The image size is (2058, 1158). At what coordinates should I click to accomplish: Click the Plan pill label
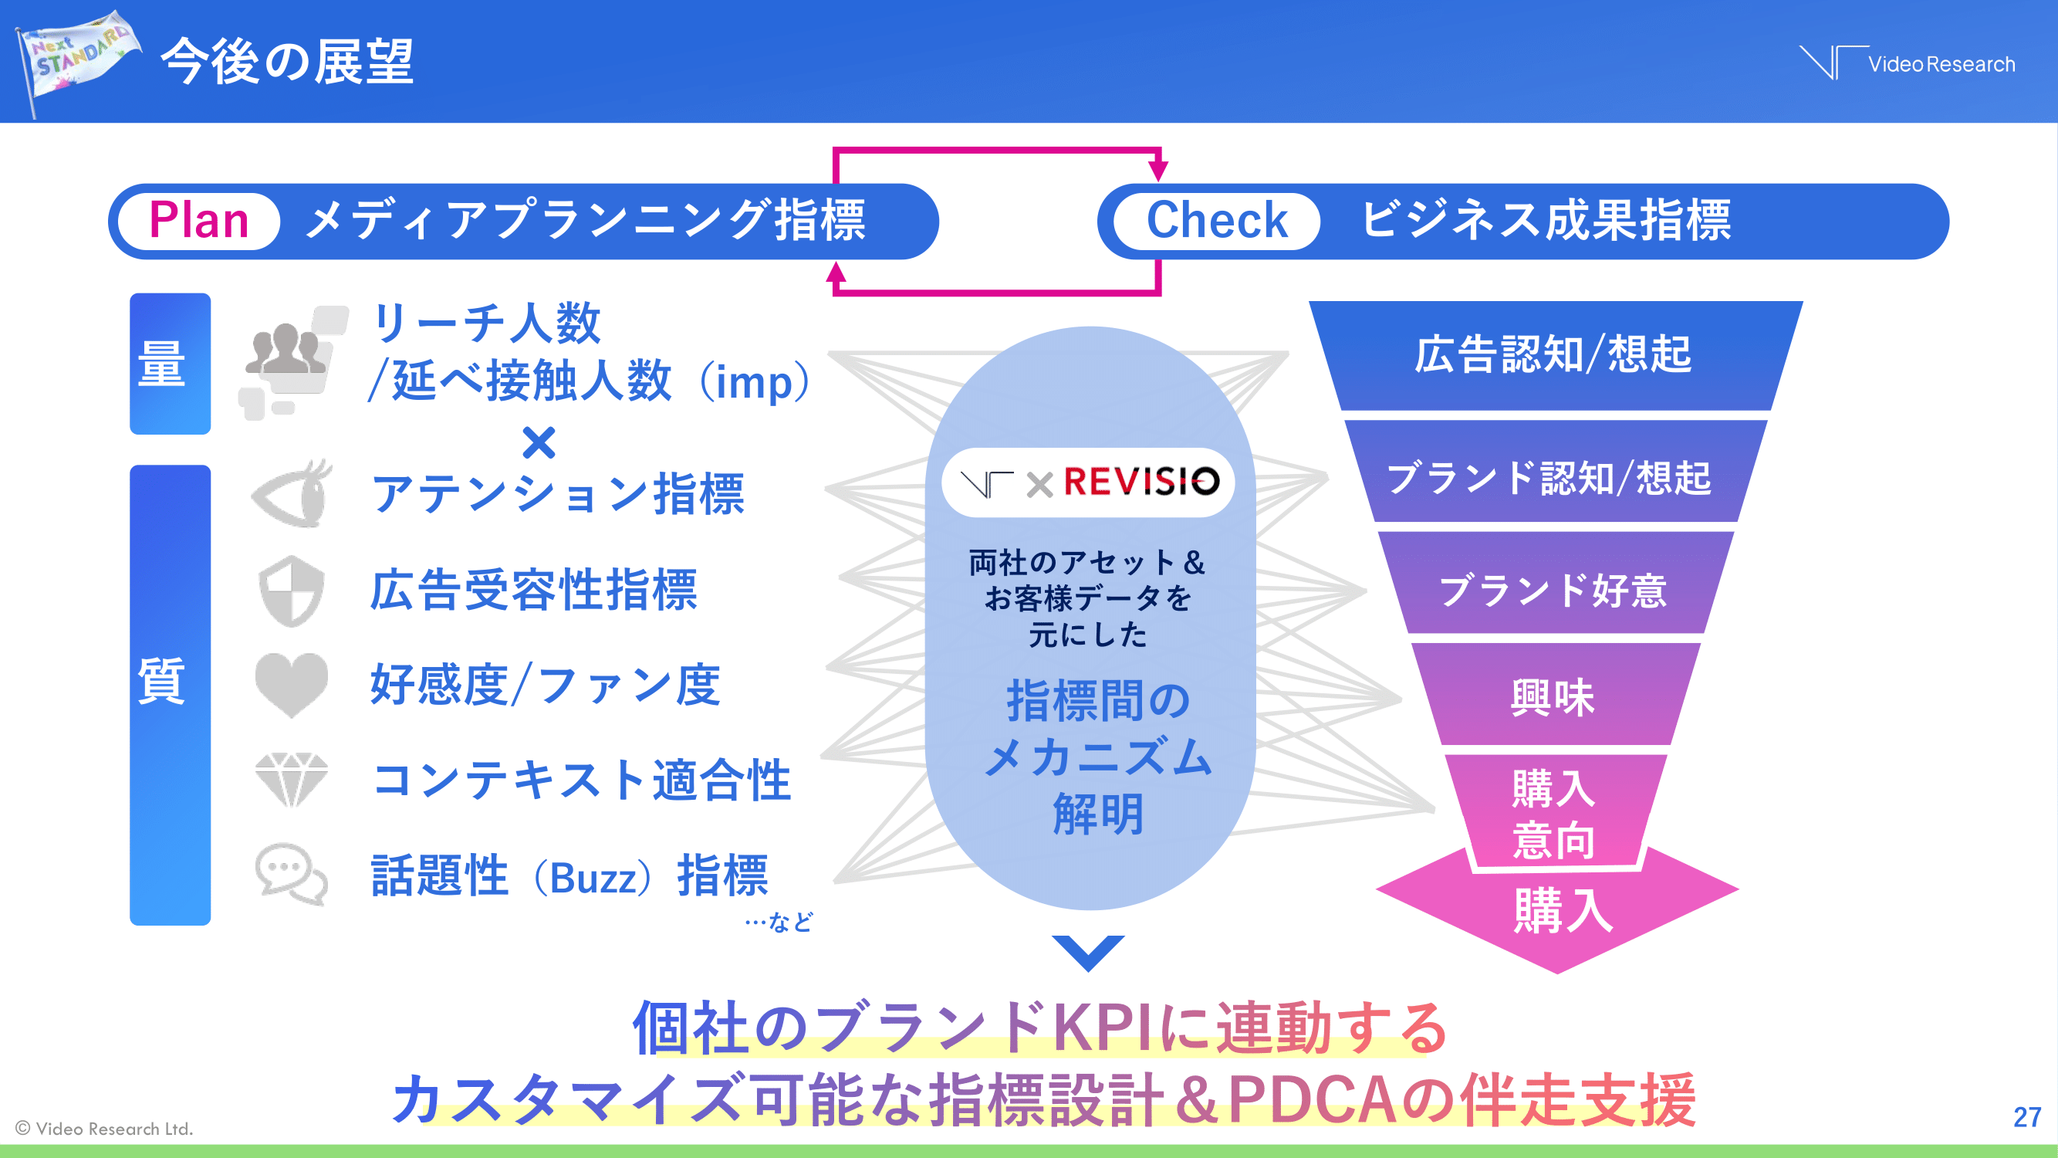(x=199, y=221)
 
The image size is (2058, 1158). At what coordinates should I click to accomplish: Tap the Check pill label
(x=1216, y=221)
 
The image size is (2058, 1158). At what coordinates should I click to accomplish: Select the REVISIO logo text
(x=1141, y=482)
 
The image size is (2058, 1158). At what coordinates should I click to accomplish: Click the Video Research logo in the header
(x=1907, y=63)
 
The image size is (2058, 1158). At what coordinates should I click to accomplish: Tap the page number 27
(x=2027, y=1116)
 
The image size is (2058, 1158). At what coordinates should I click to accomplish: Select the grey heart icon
(x=292, y=684)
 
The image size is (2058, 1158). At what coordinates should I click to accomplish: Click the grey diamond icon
(x=292, y=778)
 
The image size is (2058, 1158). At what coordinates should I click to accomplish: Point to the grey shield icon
(x=292, y=591)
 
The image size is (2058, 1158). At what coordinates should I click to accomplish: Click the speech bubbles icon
(x=292, y=873)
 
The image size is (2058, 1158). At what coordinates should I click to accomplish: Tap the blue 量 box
(x=171, y=364)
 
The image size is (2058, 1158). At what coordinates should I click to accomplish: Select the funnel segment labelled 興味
(x=1553, y=696)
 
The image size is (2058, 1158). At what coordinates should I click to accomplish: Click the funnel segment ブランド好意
(x=1553, y=590)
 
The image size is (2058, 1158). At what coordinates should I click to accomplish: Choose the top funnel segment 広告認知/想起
(x=1553, y=355)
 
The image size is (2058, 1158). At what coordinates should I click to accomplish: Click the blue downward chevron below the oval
(x=1088, y=951)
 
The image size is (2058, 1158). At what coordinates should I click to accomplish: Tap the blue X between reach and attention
(x=539, y=442)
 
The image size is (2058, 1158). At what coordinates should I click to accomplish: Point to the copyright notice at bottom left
(x=105, y=1129)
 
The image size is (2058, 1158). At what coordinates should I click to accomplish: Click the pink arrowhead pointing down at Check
(x=1158, y=170)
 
